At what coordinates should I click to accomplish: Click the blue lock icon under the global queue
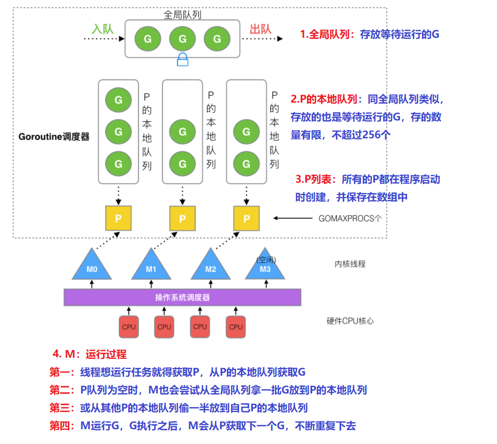[x=182, y=60]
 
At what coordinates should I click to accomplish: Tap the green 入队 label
[x=102, y=29]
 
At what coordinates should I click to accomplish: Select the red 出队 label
[x=261, y=29]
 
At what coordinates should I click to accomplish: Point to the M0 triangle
[x=91, y=266]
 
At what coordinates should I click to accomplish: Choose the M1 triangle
[x=151, y=266]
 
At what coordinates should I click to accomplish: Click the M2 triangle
[x=210, y=266]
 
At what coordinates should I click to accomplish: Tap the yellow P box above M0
[x=119, y=218]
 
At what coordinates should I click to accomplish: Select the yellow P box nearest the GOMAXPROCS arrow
[x=247, y=218]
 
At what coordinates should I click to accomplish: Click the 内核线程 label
[x=350, y=264]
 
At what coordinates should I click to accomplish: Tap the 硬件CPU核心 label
[x=350, y=321]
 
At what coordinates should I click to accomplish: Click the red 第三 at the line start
[x=60, y=408]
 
